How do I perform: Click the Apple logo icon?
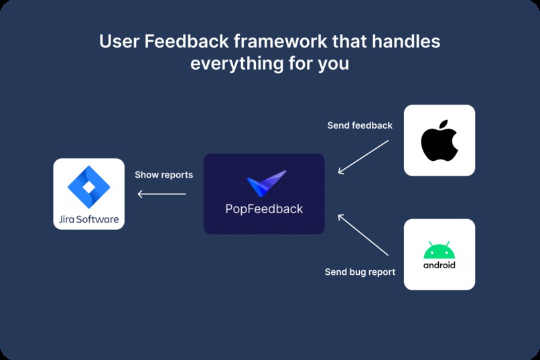440,141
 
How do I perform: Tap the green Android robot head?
439,251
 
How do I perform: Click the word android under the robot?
440,265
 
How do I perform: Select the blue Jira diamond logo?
88,186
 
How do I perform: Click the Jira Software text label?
88,219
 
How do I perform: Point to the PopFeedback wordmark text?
264,209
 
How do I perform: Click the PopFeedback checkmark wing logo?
266,184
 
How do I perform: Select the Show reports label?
163,175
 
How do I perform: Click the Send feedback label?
360,125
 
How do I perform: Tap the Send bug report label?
360,272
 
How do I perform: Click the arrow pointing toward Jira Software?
161,194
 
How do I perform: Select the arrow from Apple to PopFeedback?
363,157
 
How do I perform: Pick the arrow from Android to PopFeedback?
363,235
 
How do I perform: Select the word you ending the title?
332,65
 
